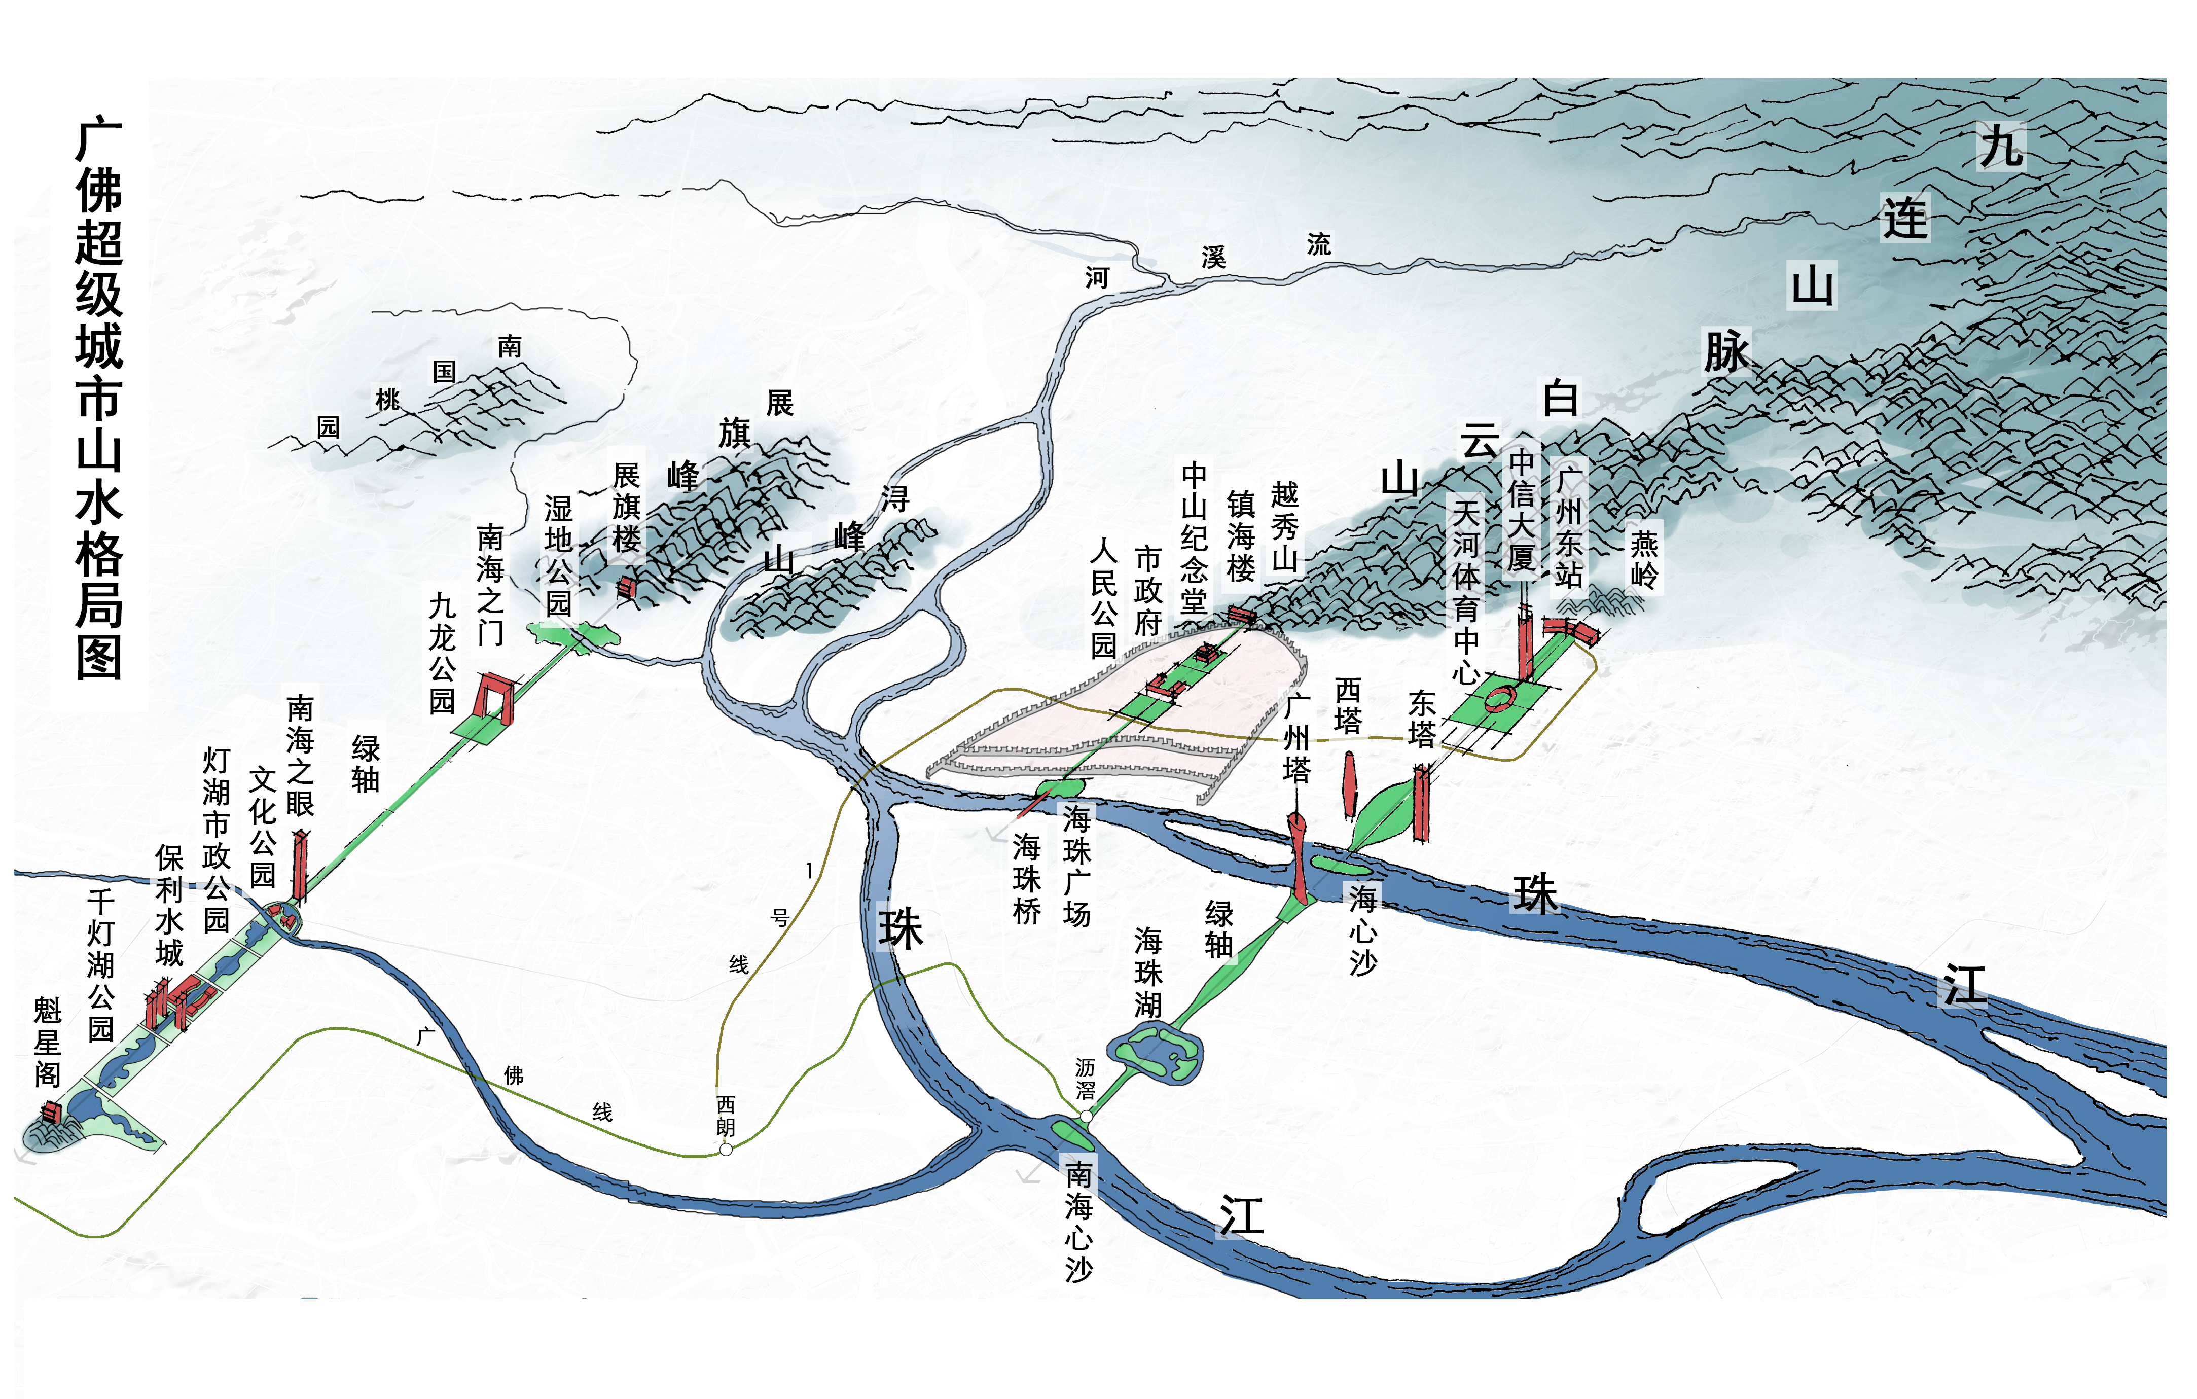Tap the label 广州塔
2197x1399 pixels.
pyautogui.click(x=1296, y=737)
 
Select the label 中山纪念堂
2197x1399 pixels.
pyautogui.click(x=1194, y=539)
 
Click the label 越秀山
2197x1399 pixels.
pyautogui.click(x=1285, y=526)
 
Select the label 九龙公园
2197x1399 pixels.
pyautogui.click(x=443, y=653)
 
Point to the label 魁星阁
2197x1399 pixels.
pyautogui.click(x=48, y=1042)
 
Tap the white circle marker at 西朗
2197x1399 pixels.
pyautogui.click(x=726, y=1150)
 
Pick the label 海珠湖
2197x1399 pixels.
pyautogui.click(x=1148, y=973)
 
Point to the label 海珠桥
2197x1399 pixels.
pyautogui.click(x=1026, y=878)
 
